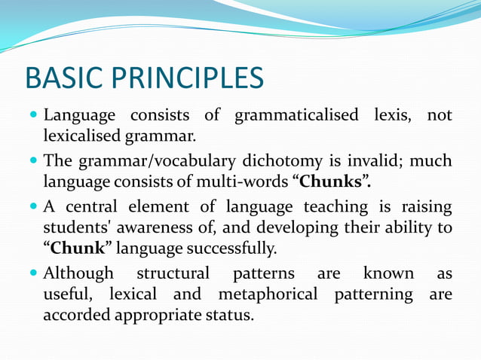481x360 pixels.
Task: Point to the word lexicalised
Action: click(81, 136)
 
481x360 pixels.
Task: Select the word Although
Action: click(78, 273)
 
